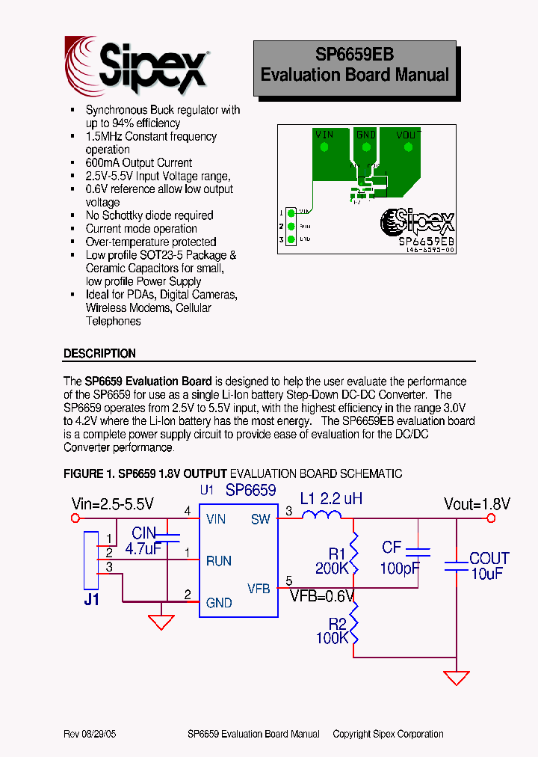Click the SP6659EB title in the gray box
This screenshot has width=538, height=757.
tap(354, 55)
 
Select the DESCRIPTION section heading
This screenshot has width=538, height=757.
tap(99, 353)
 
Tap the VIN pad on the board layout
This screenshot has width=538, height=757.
tap(324, 147)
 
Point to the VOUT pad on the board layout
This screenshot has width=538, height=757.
tap(408, 147)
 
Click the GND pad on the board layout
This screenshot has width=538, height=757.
tap(365, 147)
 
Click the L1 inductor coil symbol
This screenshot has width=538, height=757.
tap(321, 515)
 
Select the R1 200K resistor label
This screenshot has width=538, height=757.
tap(333, 561)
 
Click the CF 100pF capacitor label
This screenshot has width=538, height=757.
tap(400, 558)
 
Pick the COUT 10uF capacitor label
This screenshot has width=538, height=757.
tap(489, 566)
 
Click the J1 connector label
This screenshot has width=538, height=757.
tap(91, 599)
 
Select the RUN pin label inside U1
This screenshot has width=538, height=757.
tap(219, 561)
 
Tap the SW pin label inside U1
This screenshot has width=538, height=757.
tap(260, 519)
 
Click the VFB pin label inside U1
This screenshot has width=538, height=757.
tap(259, 589)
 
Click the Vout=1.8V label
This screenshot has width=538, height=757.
tap(476, 503)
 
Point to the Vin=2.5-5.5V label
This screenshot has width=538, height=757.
tap(112, 503)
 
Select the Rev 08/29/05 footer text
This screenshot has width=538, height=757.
tap(90, 734)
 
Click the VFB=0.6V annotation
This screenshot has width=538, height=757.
tap(322, 596)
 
